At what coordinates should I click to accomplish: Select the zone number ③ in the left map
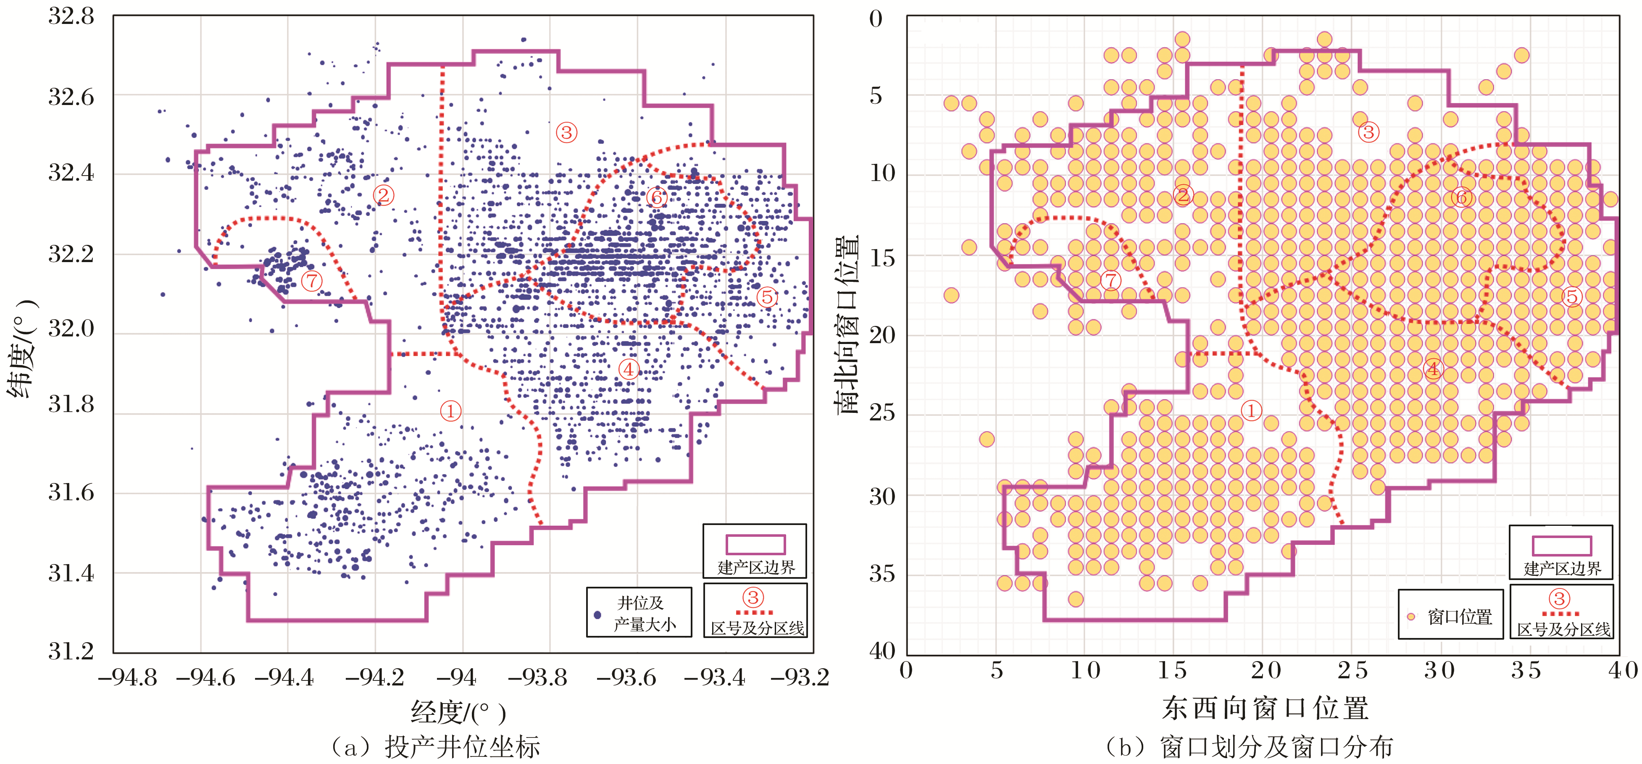pos(566,133)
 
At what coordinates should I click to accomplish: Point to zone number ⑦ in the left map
pos(311,281)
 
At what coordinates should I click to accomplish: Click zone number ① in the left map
pos(451,411)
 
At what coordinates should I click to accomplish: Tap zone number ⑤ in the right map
pos(1572,296)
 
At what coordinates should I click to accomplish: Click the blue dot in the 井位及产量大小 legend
pos(597,615)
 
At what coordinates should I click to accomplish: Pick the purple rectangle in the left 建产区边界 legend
pos(755,545)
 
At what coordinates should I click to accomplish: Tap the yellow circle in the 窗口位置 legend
pos(1410,616)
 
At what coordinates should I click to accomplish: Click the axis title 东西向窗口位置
pos(1265,709)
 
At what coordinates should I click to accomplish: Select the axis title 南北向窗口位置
pos(848,325)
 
